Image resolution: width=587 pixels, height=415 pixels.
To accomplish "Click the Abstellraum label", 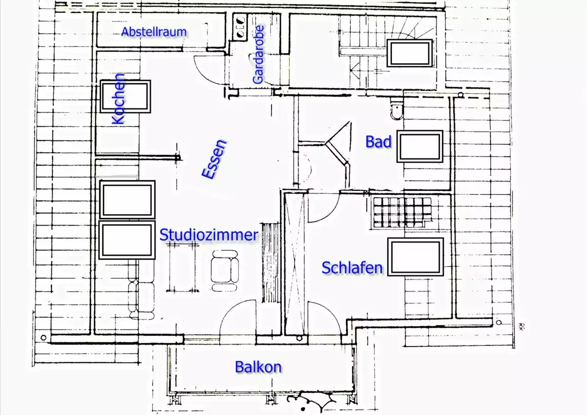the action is [154, 32].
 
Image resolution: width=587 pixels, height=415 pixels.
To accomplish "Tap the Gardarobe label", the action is [258, 54].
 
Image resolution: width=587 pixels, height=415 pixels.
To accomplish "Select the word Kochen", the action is [118, 99].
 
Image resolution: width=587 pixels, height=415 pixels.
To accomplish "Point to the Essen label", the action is [214, 159].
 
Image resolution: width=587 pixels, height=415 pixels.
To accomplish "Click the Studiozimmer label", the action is [209, 234].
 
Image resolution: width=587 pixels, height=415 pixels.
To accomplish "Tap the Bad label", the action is [379, 141].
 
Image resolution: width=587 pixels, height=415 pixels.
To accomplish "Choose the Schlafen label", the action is [352, 268].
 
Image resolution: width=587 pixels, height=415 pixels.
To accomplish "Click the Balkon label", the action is [258, 367].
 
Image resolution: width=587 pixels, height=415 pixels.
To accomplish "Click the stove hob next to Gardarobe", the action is [240, 27].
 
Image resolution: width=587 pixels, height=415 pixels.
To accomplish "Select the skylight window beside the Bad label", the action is [420, 146].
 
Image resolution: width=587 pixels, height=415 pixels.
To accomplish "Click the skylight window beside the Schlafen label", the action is [416, 257].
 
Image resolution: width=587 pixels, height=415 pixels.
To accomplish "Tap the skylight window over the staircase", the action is [409, 53].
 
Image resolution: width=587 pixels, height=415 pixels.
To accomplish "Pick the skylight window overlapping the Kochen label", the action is [125, 96].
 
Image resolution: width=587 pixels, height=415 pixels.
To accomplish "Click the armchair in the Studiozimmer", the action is [225, 270].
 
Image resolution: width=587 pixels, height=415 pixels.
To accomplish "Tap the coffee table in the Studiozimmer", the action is [182, 267].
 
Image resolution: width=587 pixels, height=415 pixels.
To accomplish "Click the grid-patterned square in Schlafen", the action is [402, 212].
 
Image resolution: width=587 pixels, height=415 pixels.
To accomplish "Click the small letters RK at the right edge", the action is [520, 326].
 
